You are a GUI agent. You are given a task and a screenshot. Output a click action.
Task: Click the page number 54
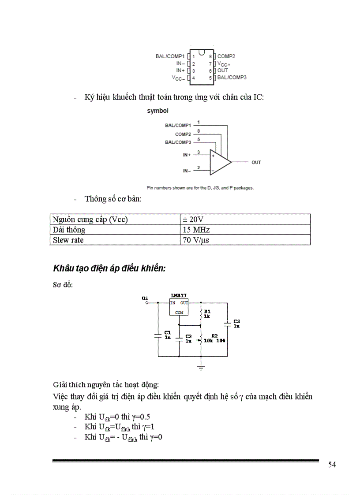[x=332, y=465]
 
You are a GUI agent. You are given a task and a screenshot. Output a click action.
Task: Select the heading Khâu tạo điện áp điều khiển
[x=109, y=268]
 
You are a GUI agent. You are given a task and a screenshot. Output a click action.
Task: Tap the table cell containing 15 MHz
[x=196, y=230]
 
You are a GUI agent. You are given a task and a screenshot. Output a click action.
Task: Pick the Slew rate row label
[x=68, y=240]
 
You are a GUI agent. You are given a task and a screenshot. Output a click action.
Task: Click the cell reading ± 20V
[x=193, y=220]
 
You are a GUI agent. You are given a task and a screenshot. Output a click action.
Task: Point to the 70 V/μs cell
[x=196, y=240]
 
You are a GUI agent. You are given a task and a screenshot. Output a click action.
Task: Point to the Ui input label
[x=145, y=298]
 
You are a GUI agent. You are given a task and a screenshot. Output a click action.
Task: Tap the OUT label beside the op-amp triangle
[x=256, y=162]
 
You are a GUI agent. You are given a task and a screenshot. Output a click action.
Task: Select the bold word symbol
[x=157, y=111]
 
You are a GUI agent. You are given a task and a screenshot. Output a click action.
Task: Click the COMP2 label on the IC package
[x=226, y=56]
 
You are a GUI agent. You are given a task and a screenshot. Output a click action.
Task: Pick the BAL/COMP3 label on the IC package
[x=232, y=77]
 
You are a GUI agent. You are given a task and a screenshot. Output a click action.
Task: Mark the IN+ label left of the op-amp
[x=187, y=155]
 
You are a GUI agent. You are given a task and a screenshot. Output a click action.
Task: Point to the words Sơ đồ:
[x=63, y=285]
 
